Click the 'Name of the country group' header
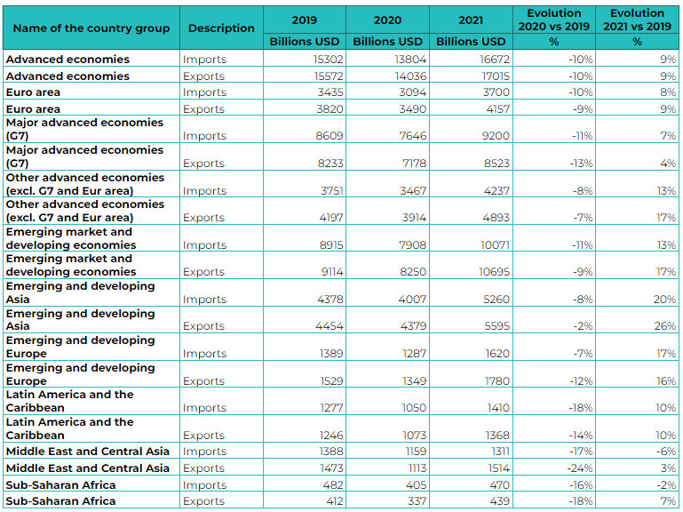(x=91, y=28)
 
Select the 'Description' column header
(x=221, y=28)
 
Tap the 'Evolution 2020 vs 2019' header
(x=553, y=20)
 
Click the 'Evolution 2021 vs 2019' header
(x=637, y=20)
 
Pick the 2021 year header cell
(x=471, y=20)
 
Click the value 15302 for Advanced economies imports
(x=328, y=60)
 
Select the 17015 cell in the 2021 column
(x=496, y=76)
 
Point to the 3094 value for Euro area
(x=412, y=92)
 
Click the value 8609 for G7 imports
(x=330, y=136)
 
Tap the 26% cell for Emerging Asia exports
(x=664, y=326)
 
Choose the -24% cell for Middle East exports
(x=579, y=468)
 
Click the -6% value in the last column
(x=666, y=452)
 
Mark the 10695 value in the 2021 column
(x=494, y=272)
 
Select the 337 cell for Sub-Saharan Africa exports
(x=417, y=501)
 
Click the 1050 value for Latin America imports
(x=414, y=408)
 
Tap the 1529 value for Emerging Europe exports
(x=331, y=380)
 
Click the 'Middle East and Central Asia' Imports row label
(x=88, y=452)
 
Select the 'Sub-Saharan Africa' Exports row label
(x=60, y=501)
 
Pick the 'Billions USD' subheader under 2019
(x=304, y=42)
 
